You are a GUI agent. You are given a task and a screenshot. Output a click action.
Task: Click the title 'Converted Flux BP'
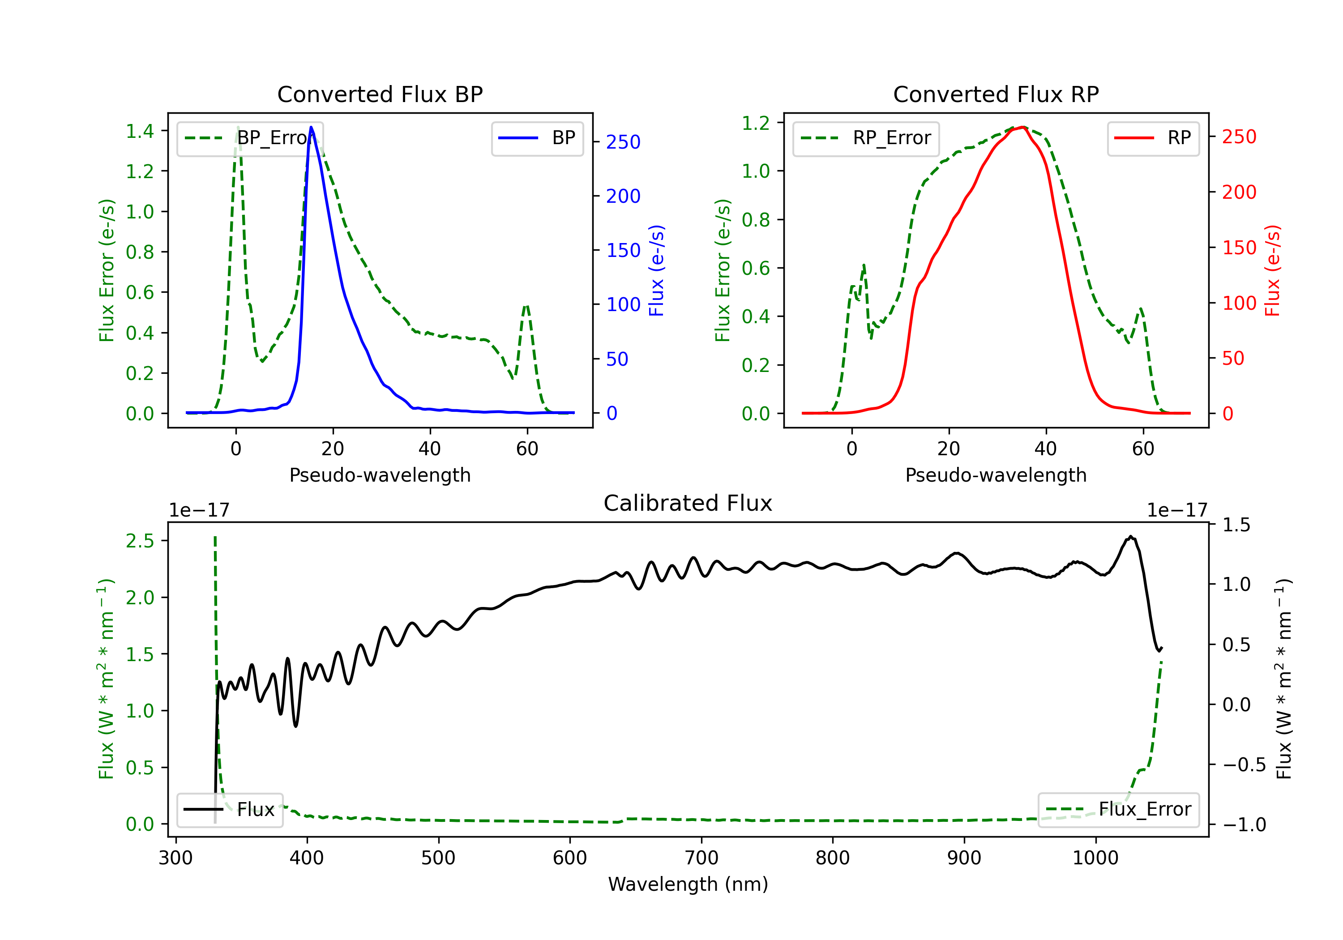tap(380, 94)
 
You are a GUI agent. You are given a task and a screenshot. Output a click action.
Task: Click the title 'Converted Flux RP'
tap(996, 94)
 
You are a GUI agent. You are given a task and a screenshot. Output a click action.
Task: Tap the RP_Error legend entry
tap(866, 138)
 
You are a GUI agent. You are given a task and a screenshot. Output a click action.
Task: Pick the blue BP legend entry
tap(537, 138)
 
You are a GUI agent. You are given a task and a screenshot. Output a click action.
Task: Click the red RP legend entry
tap(1153, 138)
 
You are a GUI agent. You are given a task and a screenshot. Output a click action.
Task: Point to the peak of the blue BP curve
tap(311, 127)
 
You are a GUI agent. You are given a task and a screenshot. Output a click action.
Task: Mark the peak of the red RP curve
tap(1022, 127)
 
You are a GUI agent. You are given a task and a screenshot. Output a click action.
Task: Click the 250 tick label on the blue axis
tap(623, 142)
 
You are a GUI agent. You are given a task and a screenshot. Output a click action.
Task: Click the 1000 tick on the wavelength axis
tap(1095, 858)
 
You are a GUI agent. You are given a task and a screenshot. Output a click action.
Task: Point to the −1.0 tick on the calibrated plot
tap(1244, 825)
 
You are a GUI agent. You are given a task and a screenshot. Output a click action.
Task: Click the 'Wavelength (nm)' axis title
tap(688, 884)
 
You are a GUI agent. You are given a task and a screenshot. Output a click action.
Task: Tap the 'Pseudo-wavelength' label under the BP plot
tap(380, 475)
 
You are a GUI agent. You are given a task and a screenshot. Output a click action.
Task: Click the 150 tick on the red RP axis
tap(1239, 248)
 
